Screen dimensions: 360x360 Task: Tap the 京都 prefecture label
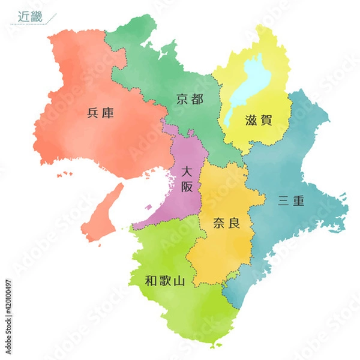click(x=190, y=99)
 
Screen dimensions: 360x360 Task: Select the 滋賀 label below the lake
click(x=259, y=119)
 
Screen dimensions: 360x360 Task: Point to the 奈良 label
click(x=227, y=224)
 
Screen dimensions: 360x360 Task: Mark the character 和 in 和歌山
click(x=152, y=280)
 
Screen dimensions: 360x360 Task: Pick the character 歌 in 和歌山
click(x=166, y=280)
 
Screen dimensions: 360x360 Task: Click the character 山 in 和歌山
click(x=179, y=280)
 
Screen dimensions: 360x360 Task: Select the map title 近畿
click(x=31, y=16)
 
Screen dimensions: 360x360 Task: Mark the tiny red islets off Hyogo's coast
click(x=62, y=176)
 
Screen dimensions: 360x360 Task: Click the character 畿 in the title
click(x=38, y=16)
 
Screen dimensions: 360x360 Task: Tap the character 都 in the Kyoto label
click(x=197, y=99)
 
